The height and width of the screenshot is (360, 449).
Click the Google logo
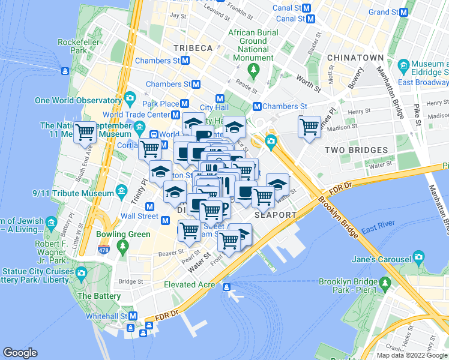20,353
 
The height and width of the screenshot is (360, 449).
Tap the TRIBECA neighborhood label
193,48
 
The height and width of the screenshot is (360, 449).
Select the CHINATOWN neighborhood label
355,58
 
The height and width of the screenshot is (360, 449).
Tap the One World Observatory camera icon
130,100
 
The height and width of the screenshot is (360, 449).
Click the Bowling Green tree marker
122,245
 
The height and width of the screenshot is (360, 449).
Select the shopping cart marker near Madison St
309,127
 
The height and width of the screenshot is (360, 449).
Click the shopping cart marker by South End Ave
85,132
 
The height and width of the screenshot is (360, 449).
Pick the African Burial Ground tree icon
253,70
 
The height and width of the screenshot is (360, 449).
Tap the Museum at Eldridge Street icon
403,64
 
